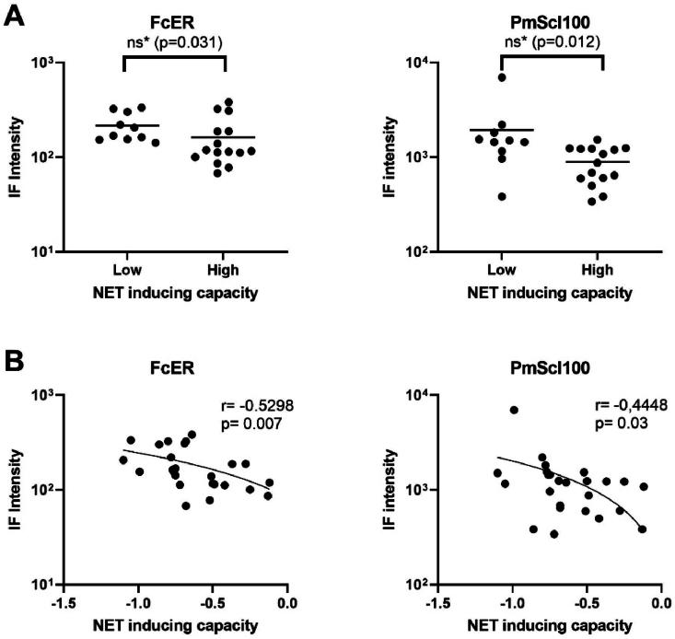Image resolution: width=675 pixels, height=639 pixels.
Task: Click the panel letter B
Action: (x=15, y=359)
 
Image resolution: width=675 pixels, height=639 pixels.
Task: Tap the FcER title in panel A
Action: (x=173, y=17)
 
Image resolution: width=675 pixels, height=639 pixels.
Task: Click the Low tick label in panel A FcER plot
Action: (x=122, y=269)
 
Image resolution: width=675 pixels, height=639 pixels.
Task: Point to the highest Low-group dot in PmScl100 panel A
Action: (x=502, y=77)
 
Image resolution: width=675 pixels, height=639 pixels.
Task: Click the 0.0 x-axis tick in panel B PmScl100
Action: (x=661, y=603)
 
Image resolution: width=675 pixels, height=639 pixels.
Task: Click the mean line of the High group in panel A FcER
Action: (x=223, y=137)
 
